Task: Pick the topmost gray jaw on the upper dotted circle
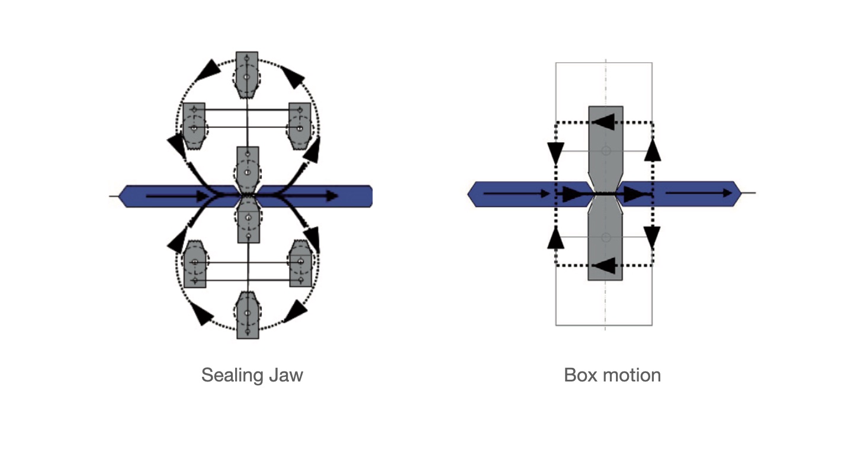247,75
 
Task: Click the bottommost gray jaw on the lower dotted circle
247,315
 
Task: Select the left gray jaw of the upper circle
194,126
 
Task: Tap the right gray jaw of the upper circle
300,126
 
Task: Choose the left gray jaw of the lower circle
194,264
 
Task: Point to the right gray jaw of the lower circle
300,264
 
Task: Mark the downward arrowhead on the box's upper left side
555,153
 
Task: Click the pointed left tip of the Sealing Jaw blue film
121,195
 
